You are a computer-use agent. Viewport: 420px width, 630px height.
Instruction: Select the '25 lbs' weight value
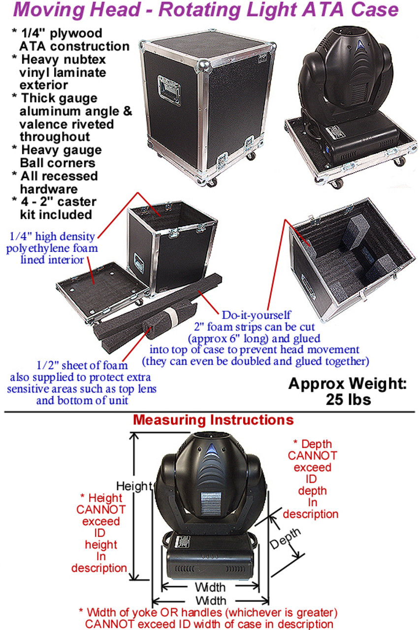click(x=348, y=399)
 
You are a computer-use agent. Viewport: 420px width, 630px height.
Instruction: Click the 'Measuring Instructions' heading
click(x=213, y=420)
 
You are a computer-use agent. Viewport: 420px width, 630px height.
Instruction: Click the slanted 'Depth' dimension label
click(x=286, y=539)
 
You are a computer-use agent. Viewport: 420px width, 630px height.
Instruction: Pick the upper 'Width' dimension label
click(x=210, y=587)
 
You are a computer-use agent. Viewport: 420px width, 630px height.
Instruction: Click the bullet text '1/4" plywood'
click(x=61, y=33)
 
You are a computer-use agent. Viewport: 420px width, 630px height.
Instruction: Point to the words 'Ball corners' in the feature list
click(x=58, y=163)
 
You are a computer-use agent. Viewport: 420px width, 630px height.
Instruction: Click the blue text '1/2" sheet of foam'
click(x=83, y=366)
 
